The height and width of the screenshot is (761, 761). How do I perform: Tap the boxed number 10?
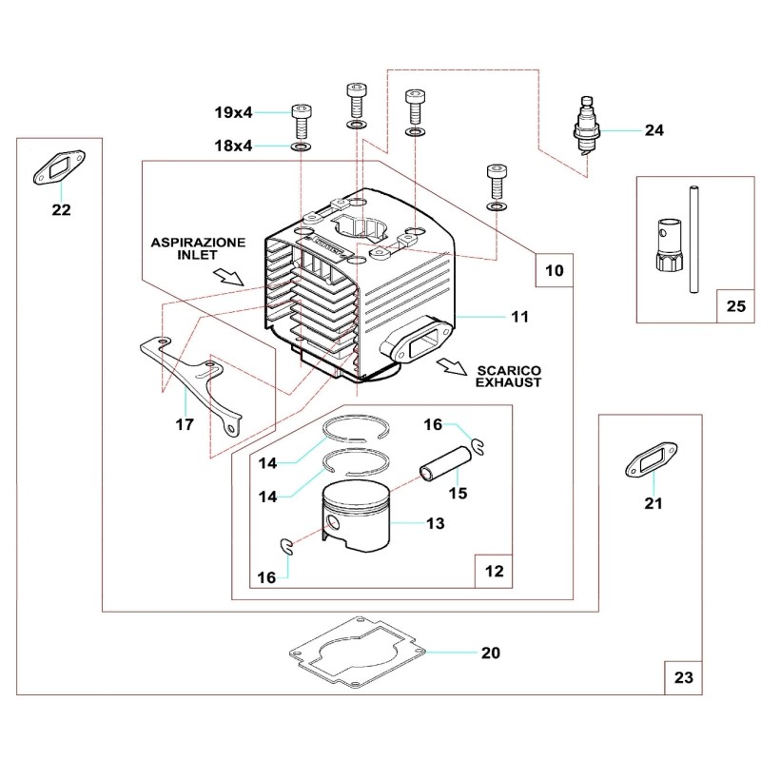(554, 271)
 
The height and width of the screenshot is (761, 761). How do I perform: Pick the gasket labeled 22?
(61, 170)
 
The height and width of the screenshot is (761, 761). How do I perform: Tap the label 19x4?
(233, 112)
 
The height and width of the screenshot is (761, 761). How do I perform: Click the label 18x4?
(233, 147)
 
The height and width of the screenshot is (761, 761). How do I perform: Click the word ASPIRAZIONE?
(198, 244)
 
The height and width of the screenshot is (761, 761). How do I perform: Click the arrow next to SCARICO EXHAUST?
(452, 366)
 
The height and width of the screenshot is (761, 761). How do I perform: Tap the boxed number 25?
(736, 307)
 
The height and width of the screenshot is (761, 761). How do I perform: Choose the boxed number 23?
(684, 678)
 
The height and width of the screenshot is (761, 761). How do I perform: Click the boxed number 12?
(494, 573)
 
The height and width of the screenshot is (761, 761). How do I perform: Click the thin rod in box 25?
(694, 238)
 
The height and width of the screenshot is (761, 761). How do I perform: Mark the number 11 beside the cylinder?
(519, 316)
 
